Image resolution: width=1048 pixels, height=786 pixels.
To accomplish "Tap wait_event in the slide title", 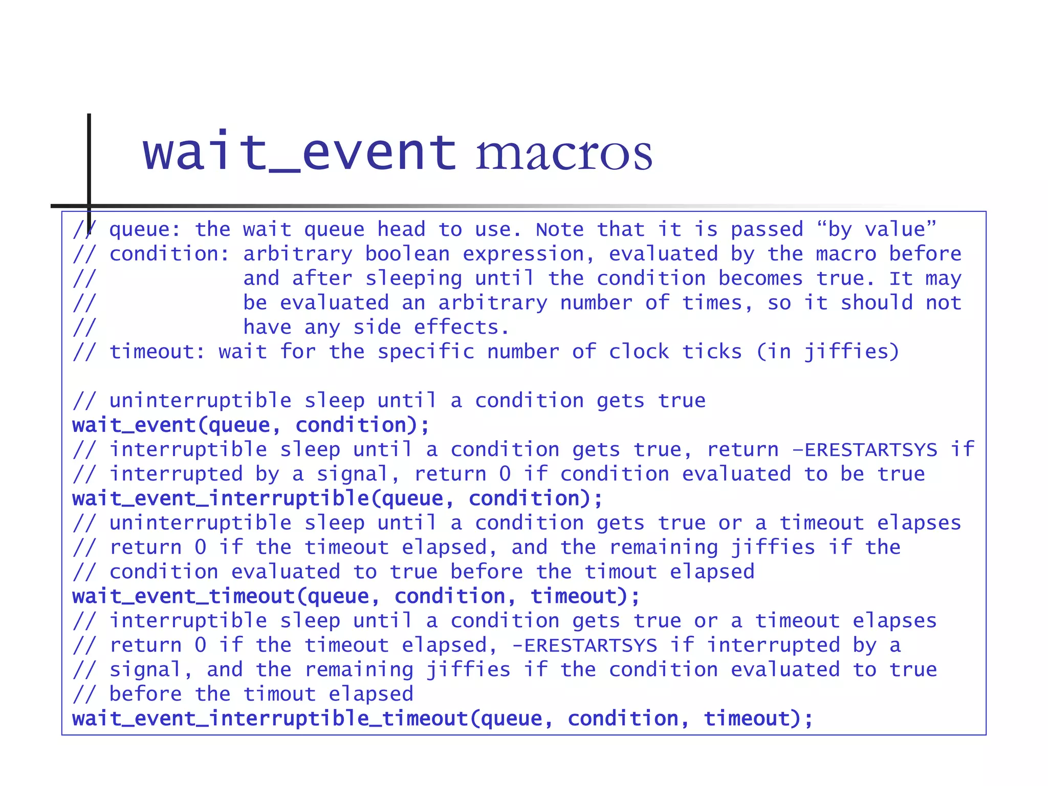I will [299, 152].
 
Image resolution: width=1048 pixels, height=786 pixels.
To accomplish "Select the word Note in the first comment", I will [559, 229].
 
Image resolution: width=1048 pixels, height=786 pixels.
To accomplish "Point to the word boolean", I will [407, 254].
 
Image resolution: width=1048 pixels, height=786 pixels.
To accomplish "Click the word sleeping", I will [413, 278].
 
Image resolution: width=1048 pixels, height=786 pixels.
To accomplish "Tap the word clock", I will [639, 352].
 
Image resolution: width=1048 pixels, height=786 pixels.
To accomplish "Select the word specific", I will [426, 352].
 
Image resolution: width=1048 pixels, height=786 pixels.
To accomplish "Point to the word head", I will [401, 229].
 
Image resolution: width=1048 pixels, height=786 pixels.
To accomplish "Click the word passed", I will [767, 229].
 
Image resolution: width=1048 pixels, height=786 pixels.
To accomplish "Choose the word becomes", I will [760, 278].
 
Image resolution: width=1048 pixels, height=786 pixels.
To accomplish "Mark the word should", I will [877, 303].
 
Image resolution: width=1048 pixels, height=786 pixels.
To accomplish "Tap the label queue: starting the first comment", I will [145, 229].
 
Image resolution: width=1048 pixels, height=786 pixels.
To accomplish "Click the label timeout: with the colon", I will [157, 352].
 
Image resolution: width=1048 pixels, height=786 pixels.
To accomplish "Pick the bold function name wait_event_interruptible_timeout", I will [270, 719].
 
